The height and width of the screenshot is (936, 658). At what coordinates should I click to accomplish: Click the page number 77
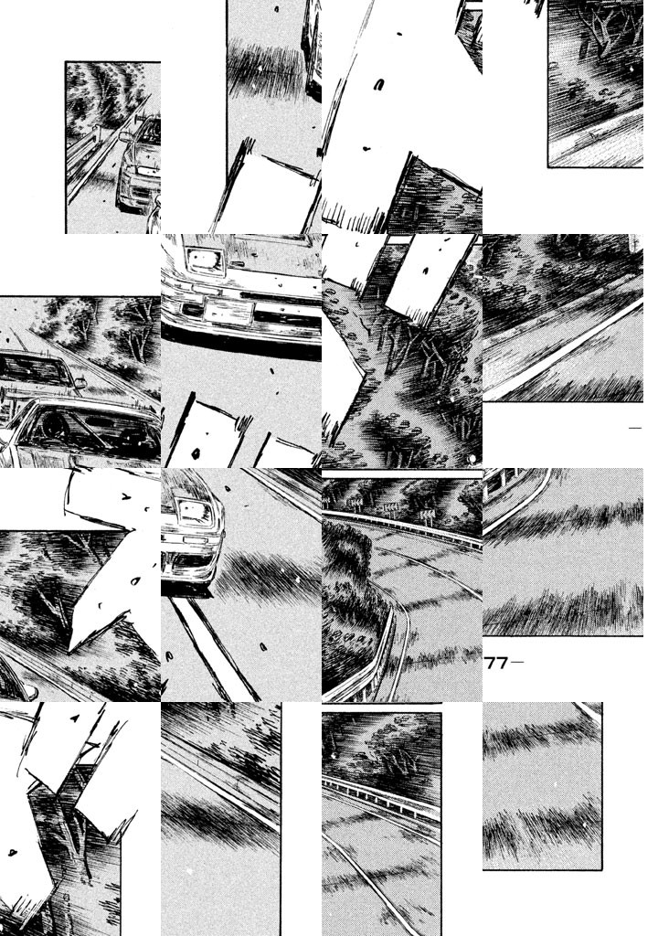[x=495, y=664]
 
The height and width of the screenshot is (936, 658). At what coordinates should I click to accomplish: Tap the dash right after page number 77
[x=517, y=663]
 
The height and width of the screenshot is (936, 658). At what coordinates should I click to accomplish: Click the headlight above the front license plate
[x=205, y=261]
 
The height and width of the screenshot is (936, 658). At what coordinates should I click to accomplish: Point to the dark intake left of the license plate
[x=192, y=309]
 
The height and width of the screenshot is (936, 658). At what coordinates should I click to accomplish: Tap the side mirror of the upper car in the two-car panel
[x=80, y=382]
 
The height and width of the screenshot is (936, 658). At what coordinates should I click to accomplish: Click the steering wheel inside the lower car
[x=53, y=426]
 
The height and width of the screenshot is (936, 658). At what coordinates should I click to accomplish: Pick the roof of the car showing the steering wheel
[x=90, y=406]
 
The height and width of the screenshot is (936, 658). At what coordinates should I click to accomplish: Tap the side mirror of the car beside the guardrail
[x=125, y=137]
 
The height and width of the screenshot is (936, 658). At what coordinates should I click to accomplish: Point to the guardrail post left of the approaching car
[x=95, y=139]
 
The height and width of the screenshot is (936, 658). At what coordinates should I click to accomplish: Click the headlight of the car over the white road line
[x=194, y=512]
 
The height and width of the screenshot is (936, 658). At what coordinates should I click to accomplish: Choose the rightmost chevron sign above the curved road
[x=427, y=514]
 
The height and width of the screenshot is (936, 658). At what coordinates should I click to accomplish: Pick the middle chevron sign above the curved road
[x=389, y=508]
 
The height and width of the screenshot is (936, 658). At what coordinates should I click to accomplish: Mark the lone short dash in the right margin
[x=635, y=428]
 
